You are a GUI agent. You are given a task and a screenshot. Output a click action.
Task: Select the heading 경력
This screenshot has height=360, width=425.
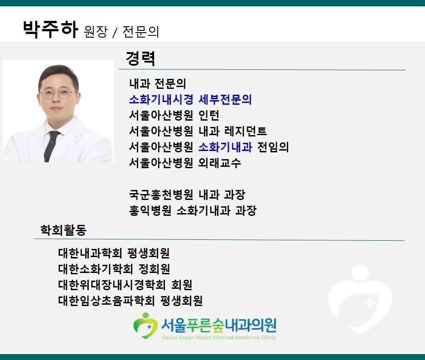point(140,58)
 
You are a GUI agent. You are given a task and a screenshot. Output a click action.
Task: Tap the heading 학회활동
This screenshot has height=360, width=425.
point(63,230)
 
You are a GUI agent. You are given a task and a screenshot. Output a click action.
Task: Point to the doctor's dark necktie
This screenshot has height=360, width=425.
point(51,146)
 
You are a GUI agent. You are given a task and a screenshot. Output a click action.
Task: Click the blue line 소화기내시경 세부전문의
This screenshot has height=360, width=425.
point(190,99)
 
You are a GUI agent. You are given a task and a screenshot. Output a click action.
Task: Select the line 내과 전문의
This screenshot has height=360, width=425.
point(158,83)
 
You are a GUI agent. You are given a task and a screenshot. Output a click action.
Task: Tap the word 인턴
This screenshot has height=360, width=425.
point(209,115)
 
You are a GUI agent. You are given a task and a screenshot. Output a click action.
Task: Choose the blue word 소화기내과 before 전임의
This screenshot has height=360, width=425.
point(225,147)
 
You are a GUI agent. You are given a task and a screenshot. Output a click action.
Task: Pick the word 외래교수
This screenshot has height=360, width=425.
point(220,163)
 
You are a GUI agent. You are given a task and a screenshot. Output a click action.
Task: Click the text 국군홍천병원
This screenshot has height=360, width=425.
point(161,195)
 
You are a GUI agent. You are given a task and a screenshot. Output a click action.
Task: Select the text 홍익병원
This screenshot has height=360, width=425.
point(150,210)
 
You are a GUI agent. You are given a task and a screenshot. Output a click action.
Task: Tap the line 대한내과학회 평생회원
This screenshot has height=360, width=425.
point(114,253)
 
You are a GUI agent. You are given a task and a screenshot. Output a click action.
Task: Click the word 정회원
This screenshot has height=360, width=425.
point(154,269)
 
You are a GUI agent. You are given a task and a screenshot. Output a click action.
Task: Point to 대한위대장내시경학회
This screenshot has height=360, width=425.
point(111,285)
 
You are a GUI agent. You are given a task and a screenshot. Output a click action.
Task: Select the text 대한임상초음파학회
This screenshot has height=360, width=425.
point(106,300)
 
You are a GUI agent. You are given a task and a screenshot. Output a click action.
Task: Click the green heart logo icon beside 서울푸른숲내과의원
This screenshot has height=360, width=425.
point(145,326)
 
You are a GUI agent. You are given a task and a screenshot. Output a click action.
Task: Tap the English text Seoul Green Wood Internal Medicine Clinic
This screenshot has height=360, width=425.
point(219,338)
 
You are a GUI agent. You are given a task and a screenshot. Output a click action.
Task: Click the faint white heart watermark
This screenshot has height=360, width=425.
point(361,299)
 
